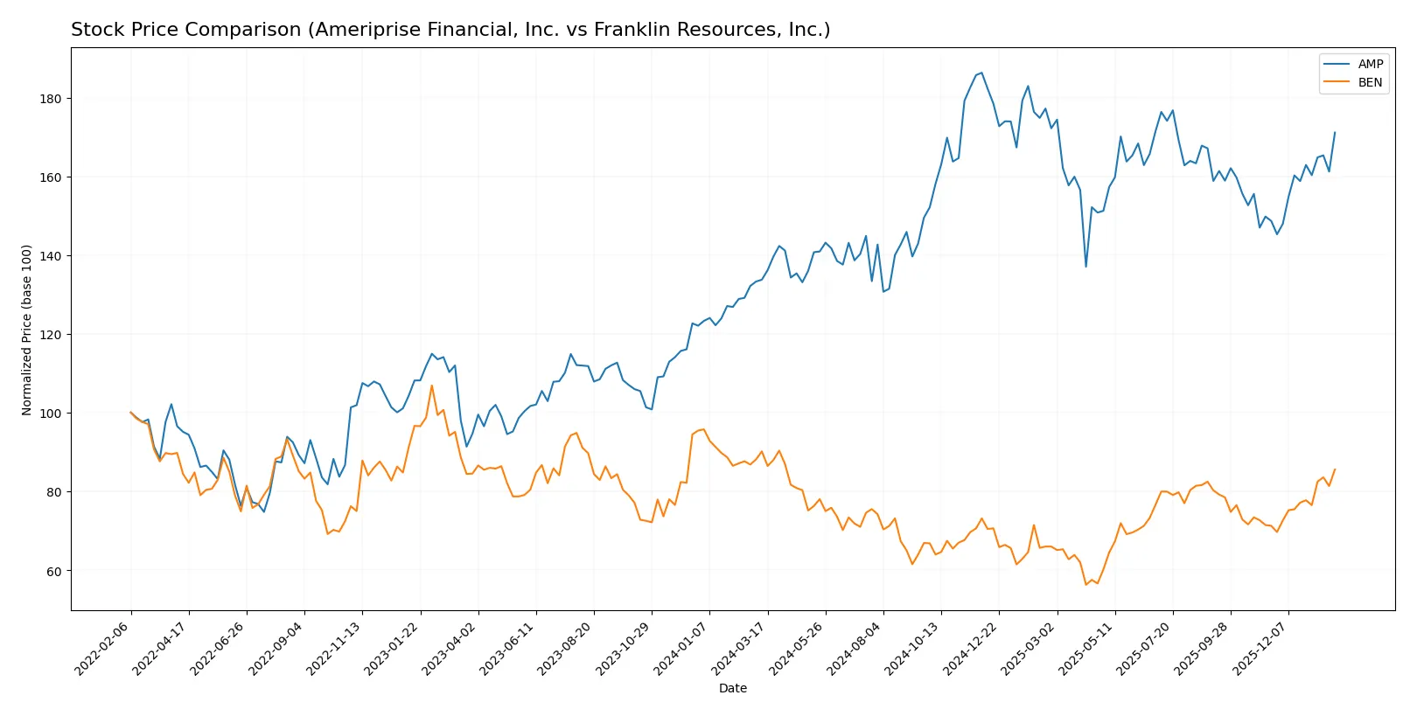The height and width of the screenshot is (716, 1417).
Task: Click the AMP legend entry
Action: tap(1369, 64)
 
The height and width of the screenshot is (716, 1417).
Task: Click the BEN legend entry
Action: tap(1369, 82)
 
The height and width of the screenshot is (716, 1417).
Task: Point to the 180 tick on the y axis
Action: tap(52, 99)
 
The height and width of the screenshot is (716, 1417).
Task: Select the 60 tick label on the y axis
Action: tap(55, 571)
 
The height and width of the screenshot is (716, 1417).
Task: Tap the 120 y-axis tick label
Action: tap(52, 335)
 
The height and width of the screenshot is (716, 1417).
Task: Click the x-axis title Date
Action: tap(732, 688)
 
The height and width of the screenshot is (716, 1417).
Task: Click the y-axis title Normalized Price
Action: tap(27, 330)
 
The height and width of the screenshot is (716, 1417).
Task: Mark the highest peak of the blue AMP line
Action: tap(981, 73)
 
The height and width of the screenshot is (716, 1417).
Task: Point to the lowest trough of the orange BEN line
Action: tap(1085, 585)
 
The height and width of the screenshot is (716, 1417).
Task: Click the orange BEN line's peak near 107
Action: tap(431, 386)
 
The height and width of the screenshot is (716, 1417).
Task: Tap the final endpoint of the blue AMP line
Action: tap(1335, 133)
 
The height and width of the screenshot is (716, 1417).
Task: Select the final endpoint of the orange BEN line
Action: tap(1335, 469)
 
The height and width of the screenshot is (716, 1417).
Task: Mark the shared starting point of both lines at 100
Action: tap(131, 413)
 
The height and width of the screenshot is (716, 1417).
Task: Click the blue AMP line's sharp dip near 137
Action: tap(1085, 267)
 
